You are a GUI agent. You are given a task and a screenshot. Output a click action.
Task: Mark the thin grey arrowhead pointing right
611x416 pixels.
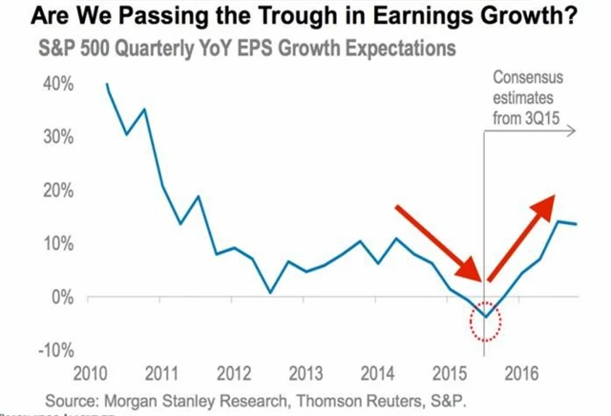(x=572, y=133)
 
